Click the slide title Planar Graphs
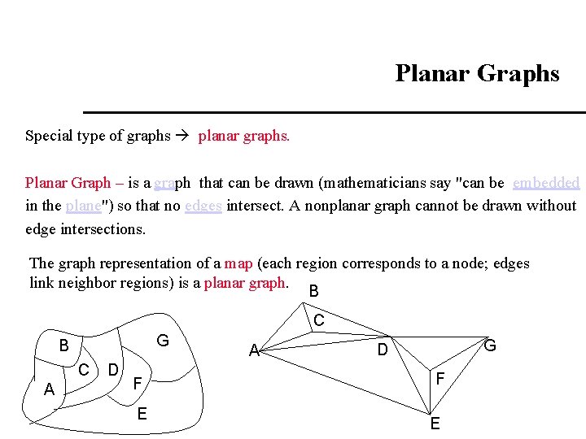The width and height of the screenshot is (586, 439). click(x=477, y=74)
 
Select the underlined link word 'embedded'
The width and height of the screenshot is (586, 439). click(x=546, y=183)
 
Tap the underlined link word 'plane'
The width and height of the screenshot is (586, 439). click(x=83, y=206)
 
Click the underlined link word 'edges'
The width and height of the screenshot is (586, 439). click(x=203, y=206)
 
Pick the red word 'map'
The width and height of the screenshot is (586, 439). click(x=238, y=263)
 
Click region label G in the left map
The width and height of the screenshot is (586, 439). click(x=163, y=341)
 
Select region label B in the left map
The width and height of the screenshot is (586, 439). click(x=63, y=346)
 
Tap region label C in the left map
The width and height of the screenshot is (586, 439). click(x=84, y=370)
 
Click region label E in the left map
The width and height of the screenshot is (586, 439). click(x=142, y=413)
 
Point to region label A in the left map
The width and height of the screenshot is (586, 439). click(x=50, y=390)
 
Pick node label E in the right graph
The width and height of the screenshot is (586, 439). click(x=435, y=424)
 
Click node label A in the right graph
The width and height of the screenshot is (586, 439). click(x=254, y=351)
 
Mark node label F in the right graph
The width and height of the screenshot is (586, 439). click(x=439, y=379)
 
